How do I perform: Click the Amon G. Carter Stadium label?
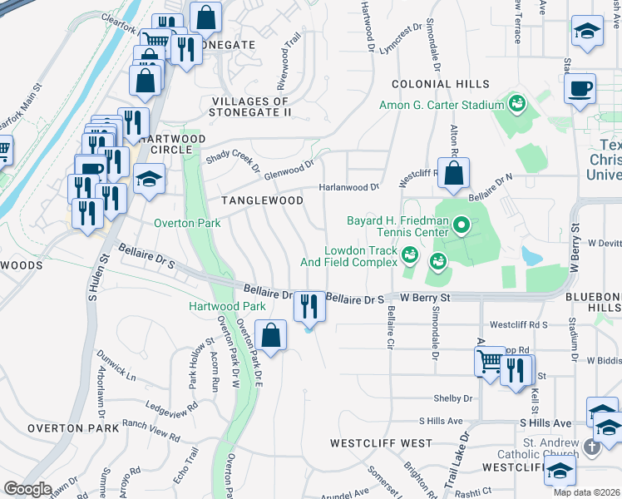pos(442,105)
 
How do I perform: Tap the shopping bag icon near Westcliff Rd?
pos(453,175)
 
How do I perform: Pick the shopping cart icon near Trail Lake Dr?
pos(491,361)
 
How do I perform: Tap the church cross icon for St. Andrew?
pos(591,447)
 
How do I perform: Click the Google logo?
pos(27,489)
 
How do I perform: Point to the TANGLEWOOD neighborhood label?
pos(261,200)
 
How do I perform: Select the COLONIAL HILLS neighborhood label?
pos(440,84)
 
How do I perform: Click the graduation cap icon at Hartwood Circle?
pos(150,179)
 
